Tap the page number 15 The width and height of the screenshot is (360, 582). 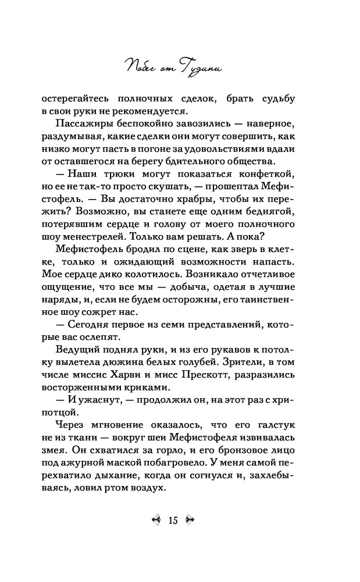[172, 520]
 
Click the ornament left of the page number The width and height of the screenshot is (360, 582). [155, 520]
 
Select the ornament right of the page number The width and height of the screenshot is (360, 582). [190, 520]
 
